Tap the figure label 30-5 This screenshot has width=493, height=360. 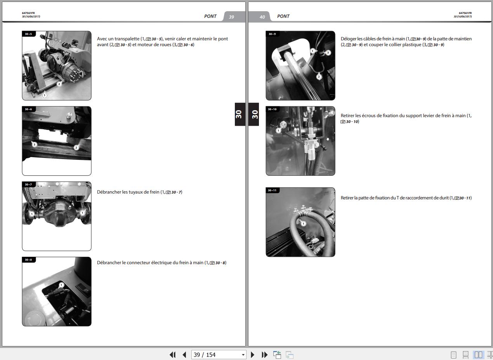pos(28,34)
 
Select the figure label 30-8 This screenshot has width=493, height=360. pos(28,260)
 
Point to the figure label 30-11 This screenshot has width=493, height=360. pos(272,190)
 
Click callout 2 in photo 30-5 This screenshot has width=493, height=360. pos(59,84)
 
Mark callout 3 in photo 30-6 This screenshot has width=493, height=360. pos(34,144)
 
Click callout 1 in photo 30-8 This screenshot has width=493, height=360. pos(61,285)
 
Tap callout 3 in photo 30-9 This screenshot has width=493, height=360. pos(328,53)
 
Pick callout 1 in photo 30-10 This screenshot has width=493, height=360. pos(278,131)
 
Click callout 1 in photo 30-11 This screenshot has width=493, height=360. pos(304,224)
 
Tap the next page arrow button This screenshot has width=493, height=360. pos(252,355)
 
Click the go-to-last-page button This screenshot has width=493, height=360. pos(264,355)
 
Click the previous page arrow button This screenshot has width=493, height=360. pos(184,355)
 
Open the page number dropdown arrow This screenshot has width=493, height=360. pos(243,355)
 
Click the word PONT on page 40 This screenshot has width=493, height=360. pos(283,16)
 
